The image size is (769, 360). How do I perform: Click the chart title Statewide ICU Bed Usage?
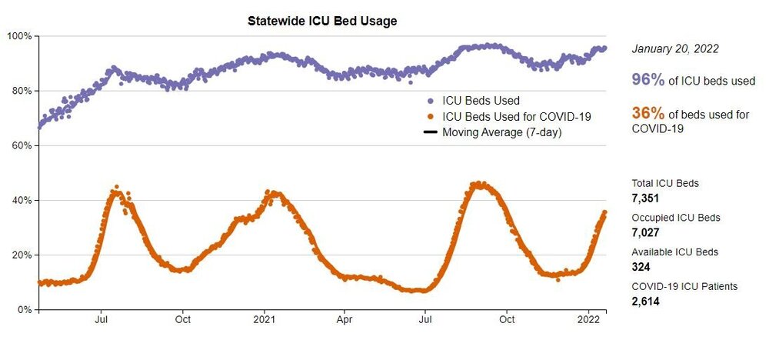(x=322, y=22)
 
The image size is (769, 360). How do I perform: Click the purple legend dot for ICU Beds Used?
(x=431, y=101)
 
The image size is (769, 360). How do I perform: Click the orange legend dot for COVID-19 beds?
(x=431, y=116)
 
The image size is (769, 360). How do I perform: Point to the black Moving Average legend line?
(x=431, y=132)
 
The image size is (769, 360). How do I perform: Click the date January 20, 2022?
(x=675, y=48)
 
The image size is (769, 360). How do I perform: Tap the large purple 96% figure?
(x=647, y=80)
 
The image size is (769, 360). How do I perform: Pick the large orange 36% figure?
(x=647, y=114)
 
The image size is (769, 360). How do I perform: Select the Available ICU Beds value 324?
(x=641, y=267)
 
